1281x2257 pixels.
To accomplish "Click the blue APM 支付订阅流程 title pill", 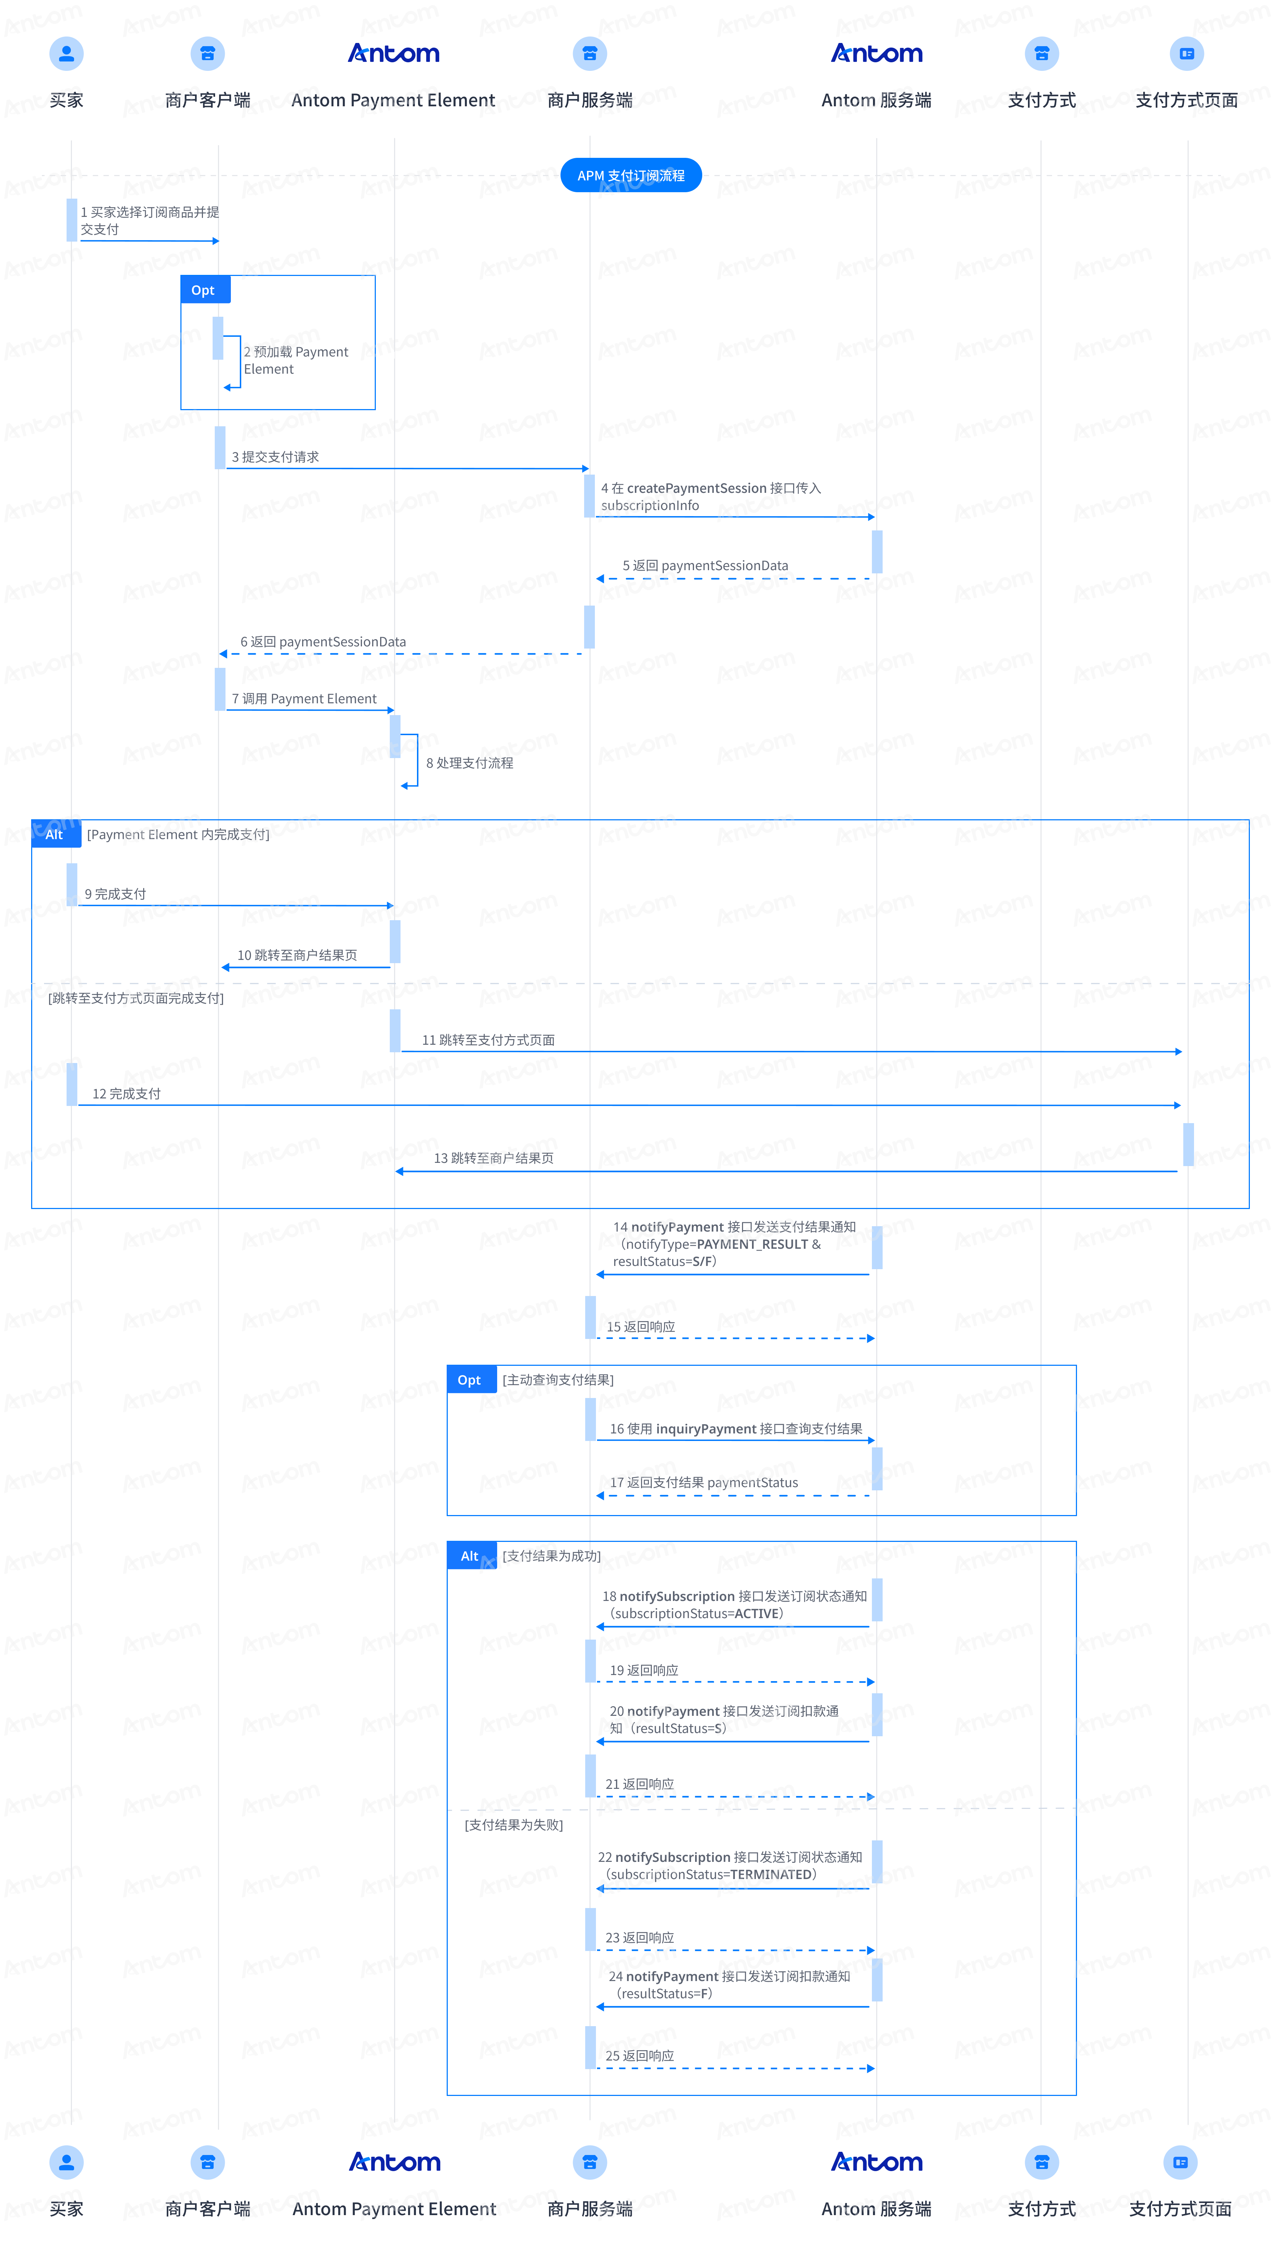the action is [631, 175].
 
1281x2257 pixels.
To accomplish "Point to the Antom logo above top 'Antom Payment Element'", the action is [393, 54].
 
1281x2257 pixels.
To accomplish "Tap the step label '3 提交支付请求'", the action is [275, 456].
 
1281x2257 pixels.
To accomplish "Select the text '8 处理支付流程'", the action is [470, 763].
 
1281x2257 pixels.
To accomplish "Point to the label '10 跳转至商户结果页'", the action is [297, 955].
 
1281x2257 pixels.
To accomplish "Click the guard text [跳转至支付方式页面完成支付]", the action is [136, 998].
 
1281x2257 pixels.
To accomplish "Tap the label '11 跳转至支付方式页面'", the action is [488, 1040].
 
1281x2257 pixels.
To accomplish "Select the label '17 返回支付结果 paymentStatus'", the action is [704, 1482].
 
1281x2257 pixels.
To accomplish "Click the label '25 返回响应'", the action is [640, 2055].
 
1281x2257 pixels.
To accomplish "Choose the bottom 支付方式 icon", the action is [1042, 2162].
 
